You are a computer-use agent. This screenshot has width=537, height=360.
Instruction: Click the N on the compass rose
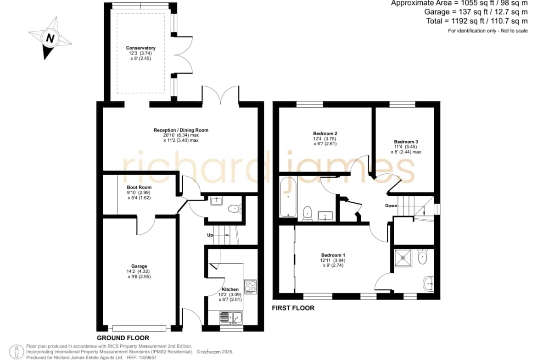point(50,38)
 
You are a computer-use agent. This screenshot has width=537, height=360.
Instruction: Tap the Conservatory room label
point(140,48)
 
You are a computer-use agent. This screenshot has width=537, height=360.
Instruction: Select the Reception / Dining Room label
point(181,130)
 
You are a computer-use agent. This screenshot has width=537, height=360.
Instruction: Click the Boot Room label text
point(139,187)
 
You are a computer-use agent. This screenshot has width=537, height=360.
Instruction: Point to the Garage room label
point(139,266)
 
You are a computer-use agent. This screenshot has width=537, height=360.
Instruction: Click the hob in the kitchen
point(250,287)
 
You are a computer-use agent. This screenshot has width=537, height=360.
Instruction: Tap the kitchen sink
point(231,317)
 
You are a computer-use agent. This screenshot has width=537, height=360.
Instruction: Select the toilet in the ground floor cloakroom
point(235,208)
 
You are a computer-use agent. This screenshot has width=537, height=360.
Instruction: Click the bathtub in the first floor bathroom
point(288,197)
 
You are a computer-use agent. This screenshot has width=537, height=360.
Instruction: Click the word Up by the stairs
point(210,235)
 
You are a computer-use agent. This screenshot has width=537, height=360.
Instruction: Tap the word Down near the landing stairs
point(391,205)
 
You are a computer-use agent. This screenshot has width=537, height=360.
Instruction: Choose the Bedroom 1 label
point(333,255)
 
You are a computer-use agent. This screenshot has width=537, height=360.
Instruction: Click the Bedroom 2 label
point(325,133)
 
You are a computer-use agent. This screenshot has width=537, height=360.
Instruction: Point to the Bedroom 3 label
point(406,142)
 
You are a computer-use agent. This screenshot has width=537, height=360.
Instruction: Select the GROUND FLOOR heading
point(123,338)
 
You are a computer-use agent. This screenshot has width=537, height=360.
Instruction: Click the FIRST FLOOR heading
point(293,308)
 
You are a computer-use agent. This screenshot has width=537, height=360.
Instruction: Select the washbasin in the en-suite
point(428,284)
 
